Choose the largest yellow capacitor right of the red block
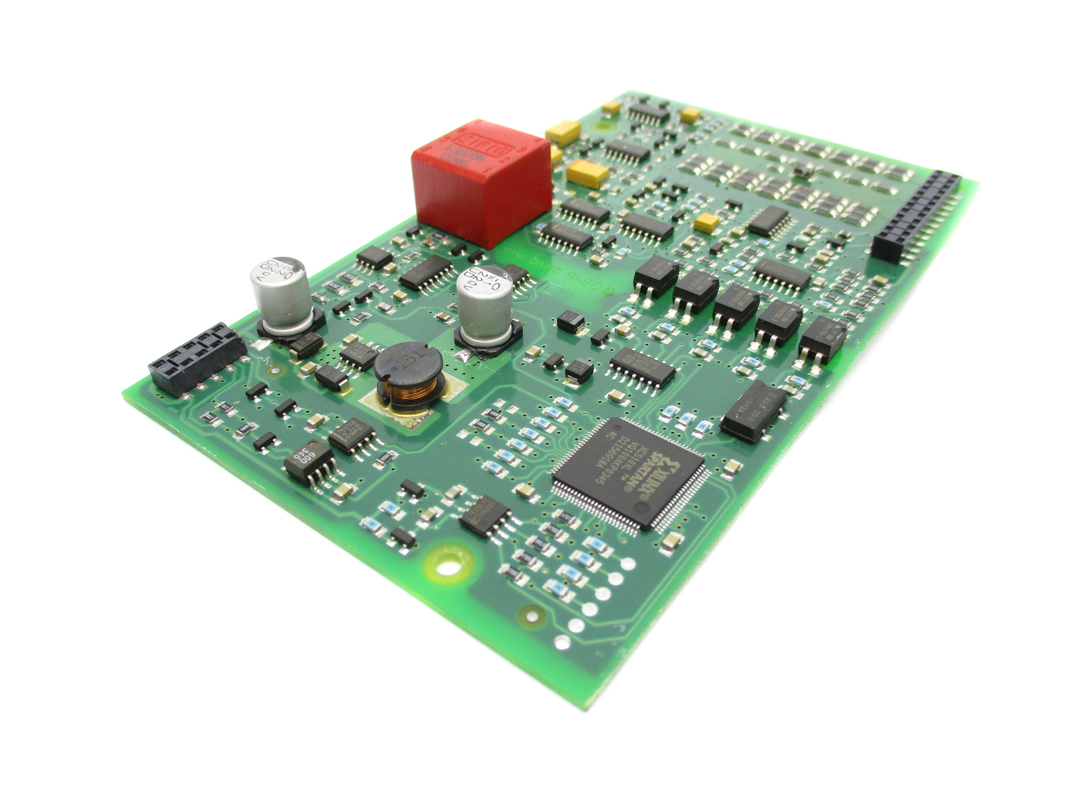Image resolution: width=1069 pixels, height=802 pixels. pyautogui.click(x=588, y=172)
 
